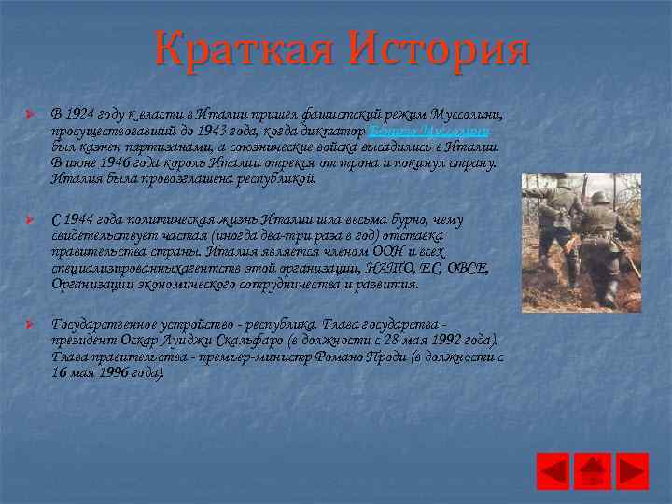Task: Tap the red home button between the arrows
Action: pos(595,470)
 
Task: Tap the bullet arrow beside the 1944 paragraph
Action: pos(29,219)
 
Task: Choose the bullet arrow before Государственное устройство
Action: pos(29,322)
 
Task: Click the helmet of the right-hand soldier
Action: pos(598,198)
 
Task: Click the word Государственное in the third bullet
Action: pos(105,323)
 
